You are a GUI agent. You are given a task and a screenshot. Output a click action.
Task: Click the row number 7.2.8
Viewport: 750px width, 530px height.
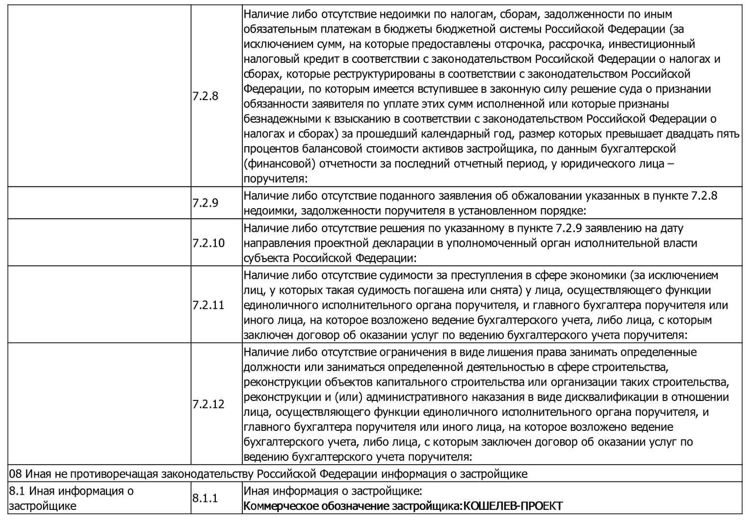[205, 96]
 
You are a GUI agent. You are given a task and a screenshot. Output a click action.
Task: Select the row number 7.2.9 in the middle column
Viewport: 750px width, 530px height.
[205, 203]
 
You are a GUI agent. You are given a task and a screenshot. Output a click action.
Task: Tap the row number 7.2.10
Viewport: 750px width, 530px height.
[208, 243]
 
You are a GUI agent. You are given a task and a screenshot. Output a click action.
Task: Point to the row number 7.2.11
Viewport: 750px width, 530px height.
[208, 305]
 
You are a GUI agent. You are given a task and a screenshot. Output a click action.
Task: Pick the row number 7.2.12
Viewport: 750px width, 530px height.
[208, 404]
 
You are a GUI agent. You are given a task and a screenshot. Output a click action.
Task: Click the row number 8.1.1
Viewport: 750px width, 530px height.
[205, 498]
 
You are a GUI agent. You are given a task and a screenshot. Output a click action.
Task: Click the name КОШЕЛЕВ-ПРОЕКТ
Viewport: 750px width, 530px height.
[513, 506]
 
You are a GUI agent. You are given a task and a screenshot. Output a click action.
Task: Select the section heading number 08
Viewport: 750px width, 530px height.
[15, 474]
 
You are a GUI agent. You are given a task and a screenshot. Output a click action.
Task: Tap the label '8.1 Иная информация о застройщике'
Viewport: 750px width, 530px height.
[71, 498]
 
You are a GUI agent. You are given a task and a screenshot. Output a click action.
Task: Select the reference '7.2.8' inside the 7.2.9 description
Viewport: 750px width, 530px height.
[704, 195]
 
